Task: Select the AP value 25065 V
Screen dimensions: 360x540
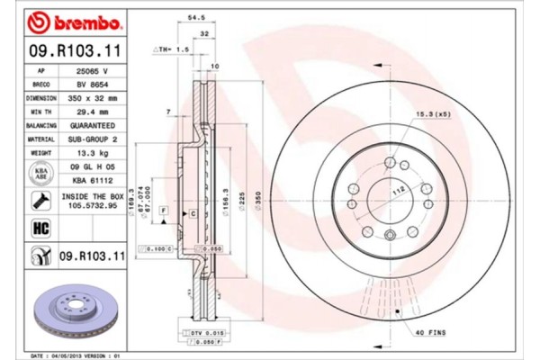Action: point(93,69)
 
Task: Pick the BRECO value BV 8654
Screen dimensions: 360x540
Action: point(93,83)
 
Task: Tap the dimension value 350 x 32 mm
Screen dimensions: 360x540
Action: point(93,97)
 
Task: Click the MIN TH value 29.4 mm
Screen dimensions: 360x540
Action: point(93,111)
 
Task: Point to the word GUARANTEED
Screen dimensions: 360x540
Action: point(93,125)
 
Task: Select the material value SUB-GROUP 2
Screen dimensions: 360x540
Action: point(93,139)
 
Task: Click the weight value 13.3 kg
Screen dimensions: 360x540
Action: point(93,154)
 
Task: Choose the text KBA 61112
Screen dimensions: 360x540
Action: point(93,180)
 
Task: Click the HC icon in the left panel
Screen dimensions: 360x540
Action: point(40,228)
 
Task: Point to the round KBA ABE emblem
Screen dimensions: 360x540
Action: point(40,174)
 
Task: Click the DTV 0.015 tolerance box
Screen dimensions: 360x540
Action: point(207,334)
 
